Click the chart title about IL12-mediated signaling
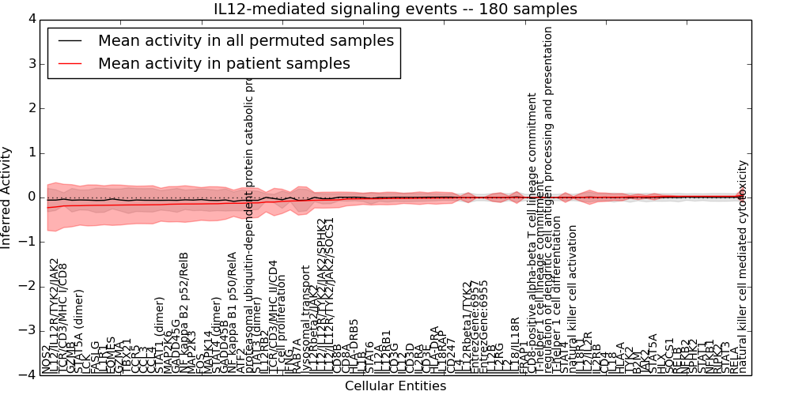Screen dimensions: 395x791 pos(395,9)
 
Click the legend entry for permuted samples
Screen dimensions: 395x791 pos(245,40)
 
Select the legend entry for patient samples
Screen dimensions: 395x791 pos(224,63)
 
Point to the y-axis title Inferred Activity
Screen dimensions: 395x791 pos(7,197)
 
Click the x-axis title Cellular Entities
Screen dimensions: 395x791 pos(395,386)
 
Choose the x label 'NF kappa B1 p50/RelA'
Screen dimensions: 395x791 pos(232,312)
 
